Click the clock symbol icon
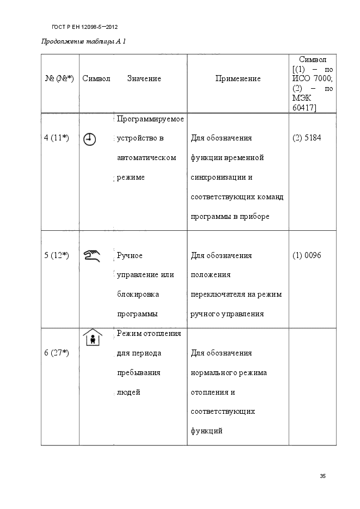click(89, 139)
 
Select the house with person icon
click(93, 338)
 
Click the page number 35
click(322, 476)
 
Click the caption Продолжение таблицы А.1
click(84, 42)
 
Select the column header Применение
click(238, 78)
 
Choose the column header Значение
click(144, 78)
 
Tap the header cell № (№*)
click(59, 78)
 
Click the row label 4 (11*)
click(56, 138)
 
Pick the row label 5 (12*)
click(56, 255)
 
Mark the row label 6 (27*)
click(56, 353)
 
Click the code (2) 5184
click(307, 138)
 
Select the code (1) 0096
click(307, 255)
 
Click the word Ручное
click(130, 255)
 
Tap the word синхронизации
click(217, 177)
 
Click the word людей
click(129, 393)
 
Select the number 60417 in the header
click(304, 107)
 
